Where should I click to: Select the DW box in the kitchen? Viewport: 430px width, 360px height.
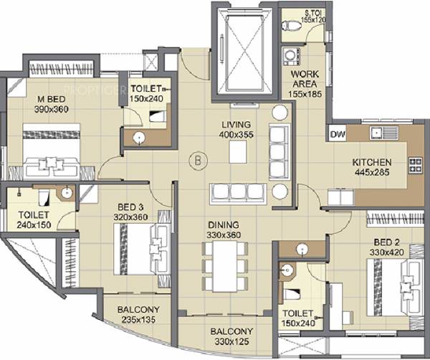[337, 133]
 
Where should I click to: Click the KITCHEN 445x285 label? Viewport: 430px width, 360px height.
[371, 167]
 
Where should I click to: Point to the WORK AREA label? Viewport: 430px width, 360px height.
[305, 82]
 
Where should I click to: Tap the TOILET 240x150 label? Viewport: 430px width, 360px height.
[34, 219]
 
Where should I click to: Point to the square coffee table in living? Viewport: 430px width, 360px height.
[237, 151]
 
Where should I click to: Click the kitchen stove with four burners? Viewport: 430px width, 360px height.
[416, 167]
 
